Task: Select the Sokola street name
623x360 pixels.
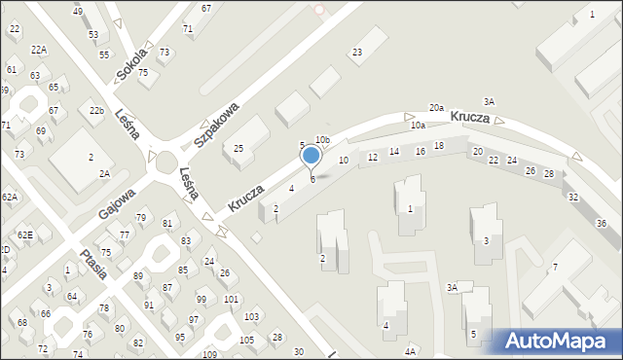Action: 130,62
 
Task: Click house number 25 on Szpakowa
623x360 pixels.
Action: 238,149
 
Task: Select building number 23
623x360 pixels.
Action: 357,52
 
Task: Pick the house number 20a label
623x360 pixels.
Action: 436,108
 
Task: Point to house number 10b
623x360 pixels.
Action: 322,141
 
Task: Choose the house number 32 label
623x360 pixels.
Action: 573,197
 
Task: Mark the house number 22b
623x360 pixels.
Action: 96,111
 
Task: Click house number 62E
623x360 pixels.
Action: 24,234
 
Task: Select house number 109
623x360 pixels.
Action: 209,354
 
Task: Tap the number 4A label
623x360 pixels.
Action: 411,350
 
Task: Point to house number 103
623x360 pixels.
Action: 251,317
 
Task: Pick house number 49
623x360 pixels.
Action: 78,11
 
